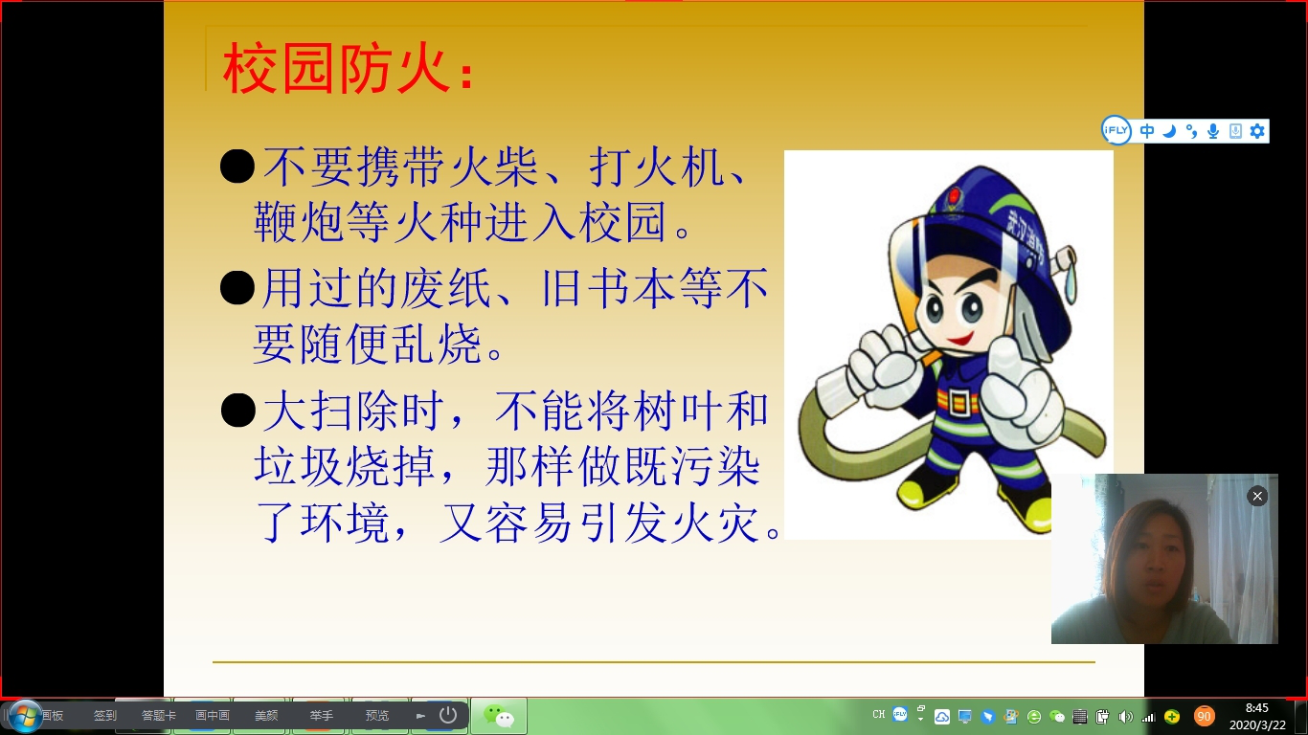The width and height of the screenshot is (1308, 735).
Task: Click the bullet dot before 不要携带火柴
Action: (x=237, y=167)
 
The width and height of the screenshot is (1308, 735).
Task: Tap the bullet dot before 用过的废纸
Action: (x=237, y=288)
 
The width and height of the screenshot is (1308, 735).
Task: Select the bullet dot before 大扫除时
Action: (x=238, y=410)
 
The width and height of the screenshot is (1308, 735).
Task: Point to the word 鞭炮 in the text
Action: (x=299, y=222)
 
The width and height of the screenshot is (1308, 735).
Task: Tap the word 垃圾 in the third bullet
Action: (x=299, y=466)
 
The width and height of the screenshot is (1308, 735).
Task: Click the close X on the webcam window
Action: (x=1257, y=497)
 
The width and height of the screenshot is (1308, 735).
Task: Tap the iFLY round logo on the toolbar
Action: (x=1116, y=130)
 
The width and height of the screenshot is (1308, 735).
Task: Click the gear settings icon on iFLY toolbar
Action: (x=1257, y=131)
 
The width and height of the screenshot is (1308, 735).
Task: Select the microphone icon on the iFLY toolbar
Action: (x=1213, y=131)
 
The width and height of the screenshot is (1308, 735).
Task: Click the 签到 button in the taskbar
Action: (x=105, y=715)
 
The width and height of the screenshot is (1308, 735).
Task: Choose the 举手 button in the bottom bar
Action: (x=321, y=715)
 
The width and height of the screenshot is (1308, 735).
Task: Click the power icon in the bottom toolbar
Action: (x=448, y=715)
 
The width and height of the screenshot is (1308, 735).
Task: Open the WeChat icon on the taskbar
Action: (x=499, y=716)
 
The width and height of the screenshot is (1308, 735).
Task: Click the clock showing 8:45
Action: (x=1256, y=708)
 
